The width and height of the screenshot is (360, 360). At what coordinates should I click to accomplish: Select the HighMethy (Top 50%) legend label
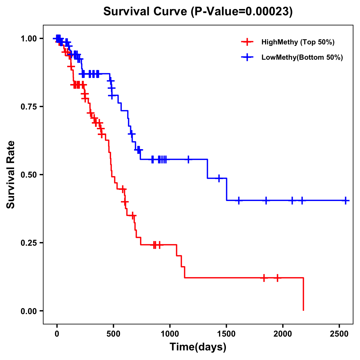298,42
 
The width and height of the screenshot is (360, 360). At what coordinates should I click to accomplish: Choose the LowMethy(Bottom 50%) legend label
302,58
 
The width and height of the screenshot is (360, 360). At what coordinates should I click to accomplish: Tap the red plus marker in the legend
247,42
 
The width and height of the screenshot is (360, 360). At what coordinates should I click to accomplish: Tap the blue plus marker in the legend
247,58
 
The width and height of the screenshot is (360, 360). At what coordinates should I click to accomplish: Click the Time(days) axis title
198,347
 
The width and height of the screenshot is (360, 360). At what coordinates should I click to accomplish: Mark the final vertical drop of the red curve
303,294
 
